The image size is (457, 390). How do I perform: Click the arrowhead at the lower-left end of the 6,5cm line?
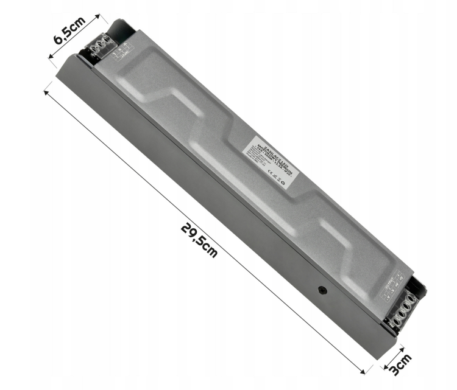pyautogui.click(x=50, y=58)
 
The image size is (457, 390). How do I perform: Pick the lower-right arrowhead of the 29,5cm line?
pyautogui.click(x=367, y=371)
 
